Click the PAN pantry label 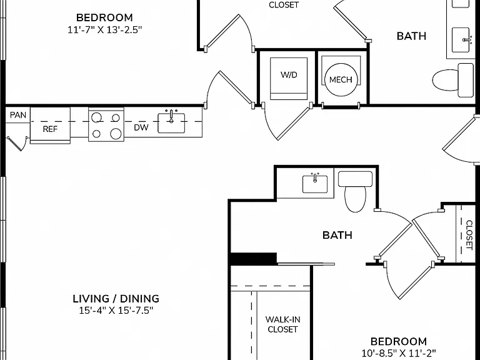tap(18, 115)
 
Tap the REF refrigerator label tap(50, 129)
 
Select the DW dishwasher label tap(141, 127)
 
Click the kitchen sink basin tap(171, 123)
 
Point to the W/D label tap(289, 75)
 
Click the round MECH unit tap(341, 80)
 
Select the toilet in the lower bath tap(355, 191)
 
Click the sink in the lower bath tap(315, 184)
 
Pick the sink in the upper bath tap(461, 40)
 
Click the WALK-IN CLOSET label tap(282, 324)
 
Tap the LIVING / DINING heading tap(116, 299)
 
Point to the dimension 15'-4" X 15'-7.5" tap(116, 311)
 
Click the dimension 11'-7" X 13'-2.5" tap(105, 30)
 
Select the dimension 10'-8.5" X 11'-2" tap(399, 353)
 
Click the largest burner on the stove tap(116, 134)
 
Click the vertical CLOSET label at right tap(469, 235)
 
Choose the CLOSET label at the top tap(284, 5)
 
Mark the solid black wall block tap(254, 259)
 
